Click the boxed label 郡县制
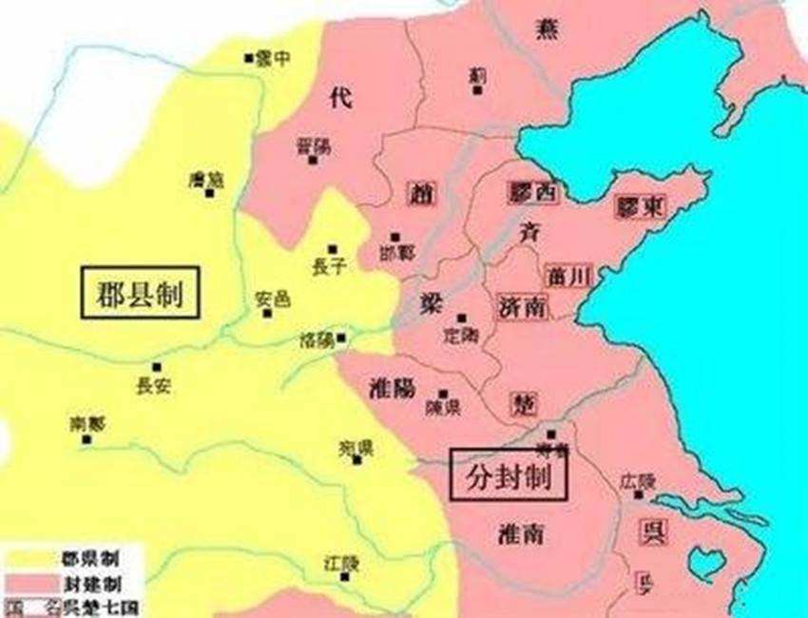click(140, 292)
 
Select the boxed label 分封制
click(508, 474)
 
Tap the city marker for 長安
click(156, 367)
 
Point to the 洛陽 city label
click(316, 339)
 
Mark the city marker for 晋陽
click(312, 160)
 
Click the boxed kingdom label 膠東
click(640, 205)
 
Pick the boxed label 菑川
click(569, 276)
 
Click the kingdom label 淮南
click(521, 534)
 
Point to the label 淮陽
click(390, 388)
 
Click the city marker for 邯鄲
click(395, 237)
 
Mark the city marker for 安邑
click(267, 313)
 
